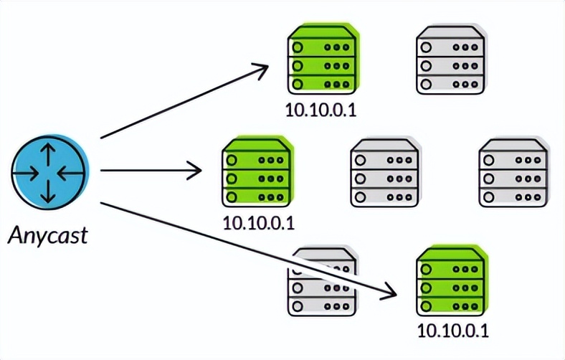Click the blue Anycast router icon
(49, 173)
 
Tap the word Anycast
(48, 235)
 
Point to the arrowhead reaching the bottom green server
(389, 291)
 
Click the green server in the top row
(323, 60)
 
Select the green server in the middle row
(257, 172)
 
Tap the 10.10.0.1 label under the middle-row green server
(259, 222)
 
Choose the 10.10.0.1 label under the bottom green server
(452, 331)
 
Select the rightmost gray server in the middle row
(513, 172)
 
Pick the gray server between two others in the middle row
(384, 172)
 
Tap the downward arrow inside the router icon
(49, 191)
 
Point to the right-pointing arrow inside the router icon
(29, 173)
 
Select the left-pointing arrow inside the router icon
(67, 173)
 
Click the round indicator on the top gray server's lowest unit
(425, 84)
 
